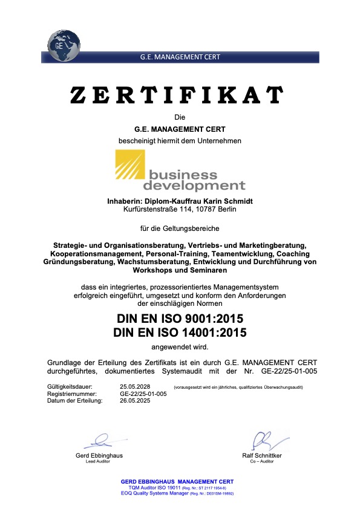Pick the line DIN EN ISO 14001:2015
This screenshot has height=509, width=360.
(x=180, y=332)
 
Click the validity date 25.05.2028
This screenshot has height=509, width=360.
(x=135, y=386)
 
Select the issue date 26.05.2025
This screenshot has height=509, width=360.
(x=135, y=400)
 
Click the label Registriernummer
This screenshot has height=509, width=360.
(x=67, y=394)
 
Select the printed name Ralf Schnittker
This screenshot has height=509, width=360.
(x=261, y=455)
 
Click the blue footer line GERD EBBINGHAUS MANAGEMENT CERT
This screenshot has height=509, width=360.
(x=177, y=481)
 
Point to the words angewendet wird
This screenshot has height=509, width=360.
(x=180, y=347)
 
